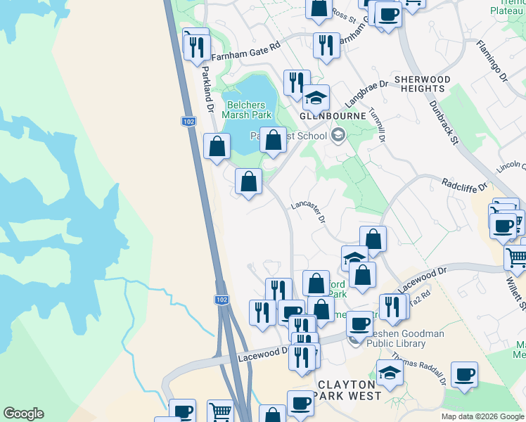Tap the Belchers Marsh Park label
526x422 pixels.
[x=246, y=110]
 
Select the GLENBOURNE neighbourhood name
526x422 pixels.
[x=333, y=115]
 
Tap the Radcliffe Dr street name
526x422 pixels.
[x=465, y=185]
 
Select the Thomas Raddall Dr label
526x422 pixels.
[x=419, y=369]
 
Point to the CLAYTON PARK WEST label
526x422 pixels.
[x=350, y=390]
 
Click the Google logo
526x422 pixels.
[x=23, y=414]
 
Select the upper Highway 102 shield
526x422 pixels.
[x=188, y=122]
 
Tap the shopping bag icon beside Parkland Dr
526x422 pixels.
[x=217, y=146]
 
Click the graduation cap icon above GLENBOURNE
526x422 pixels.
[x=316, y=97]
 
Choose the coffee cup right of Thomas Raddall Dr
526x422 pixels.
[x=463, y=374]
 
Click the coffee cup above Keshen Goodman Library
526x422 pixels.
[x=359, y=324]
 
